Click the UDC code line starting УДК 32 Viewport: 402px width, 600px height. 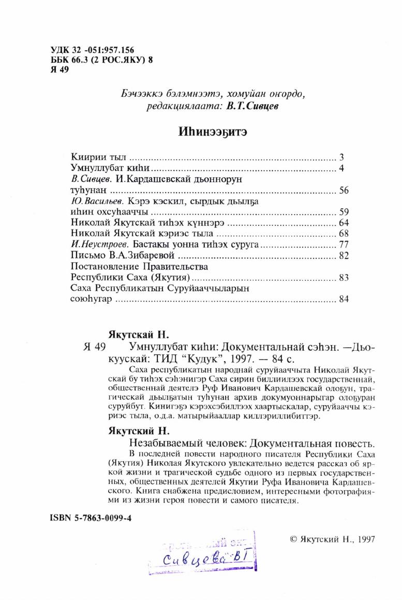click(93, 50)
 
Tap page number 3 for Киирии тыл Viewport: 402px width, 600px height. click(343, 156)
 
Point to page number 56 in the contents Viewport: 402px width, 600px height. click(345, 190)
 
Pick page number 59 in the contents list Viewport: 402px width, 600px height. click(345, 212)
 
